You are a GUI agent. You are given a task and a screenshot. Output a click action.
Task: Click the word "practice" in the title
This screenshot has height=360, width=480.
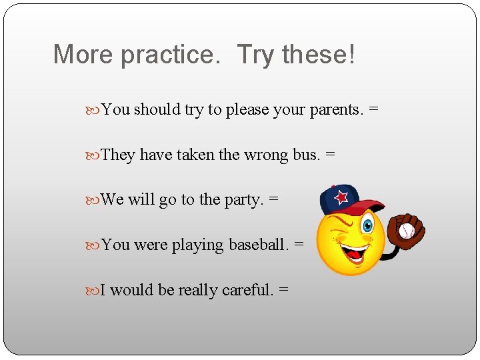(x=169, y=55)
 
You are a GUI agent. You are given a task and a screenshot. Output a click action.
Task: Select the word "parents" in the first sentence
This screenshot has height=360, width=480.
(x=337, y=109)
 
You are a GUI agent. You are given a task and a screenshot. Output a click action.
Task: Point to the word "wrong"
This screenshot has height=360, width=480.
(x=266, y=155)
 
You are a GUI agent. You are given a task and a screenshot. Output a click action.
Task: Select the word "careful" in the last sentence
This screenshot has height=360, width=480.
(x=247, y=290)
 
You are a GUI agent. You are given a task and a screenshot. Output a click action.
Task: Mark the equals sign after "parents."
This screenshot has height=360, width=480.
(x=373, y=109)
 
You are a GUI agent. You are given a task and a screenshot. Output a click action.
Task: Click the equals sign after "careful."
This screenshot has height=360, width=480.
(x=284, y=290)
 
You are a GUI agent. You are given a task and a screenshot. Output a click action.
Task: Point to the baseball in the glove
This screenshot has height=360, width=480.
(x=406, y=231)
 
